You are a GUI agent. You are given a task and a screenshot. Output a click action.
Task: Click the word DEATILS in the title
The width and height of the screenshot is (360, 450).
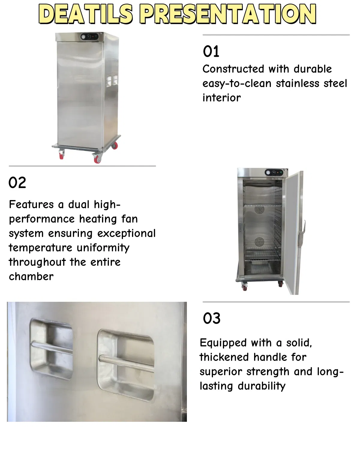pyautogui.click(x=86, y=14)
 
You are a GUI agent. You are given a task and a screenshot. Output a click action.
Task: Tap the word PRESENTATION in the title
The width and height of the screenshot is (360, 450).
pyautogui.click(x=229, y=14)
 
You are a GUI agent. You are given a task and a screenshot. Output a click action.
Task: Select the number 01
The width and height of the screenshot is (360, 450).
pyautogui.click(x=211, y=51)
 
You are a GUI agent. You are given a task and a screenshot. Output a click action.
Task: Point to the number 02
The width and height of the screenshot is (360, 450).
pyautogui.click(x=17, y=183)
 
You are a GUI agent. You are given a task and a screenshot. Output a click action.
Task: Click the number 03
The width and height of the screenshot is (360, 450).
pyautogui.click(x=211, y=318)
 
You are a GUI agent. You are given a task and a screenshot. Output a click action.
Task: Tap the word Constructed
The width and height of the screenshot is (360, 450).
pyautogui.click(x=233, y=69)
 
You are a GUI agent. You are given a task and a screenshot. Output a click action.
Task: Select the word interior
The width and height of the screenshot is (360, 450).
pyautogui.click(x=221, y=98)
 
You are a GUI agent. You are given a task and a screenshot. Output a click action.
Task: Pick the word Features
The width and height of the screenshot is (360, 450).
pyautogui.click(x=31, y=205)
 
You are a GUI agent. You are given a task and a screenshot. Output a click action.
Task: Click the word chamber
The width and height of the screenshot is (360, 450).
pyautogui.click(x=31, y=277)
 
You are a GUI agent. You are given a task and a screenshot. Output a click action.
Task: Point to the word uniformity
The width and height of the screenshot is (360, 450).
pyautogui.click(x=103, y=248)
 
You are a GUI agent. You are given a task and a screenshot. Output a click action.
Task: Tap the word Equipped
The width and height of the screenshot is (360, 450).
pyautogui.click(x=223, y=343)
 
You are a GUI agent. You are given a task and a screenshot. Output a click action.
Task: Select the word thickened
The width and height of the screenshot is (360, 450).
pyautogui.click(x=224, y=357)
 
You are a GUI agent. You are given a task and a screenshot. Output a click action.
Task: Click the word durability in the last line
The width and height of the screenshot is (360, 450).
pyautogui.click(x=261, y=386)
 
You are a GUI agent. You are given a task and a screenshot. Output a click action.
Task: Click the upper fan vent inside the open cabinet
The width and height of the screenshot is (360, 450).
pyautogui.click(x=259, y=210)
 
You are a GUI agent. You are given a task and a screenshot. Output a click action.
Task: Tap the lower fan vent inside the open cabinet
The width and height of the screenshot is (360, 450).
pyautogui.click(x=260, y=242)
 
